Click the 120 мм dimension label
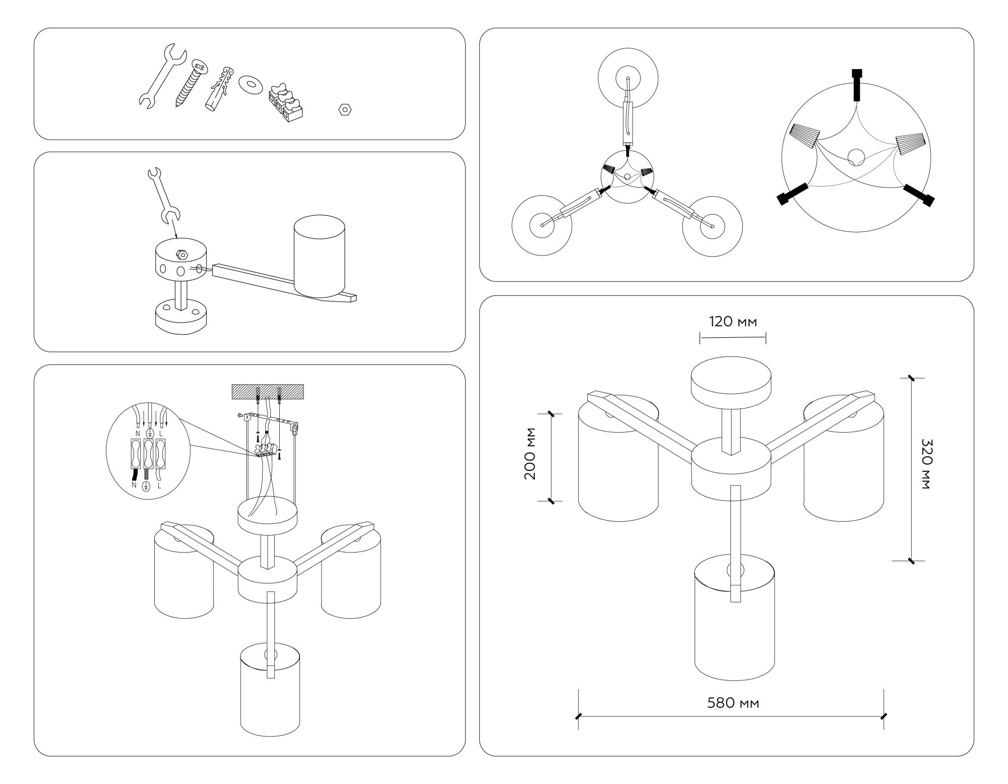pos(733,322)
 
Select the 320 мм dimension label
pos(927,464)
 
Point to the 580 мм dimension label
pos(733,703)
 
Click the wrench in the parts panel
pos(161,76)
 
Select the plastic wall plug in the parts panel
pos(220,88)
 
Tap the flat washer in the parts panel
pos(250,84)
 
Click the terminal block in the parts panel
pos(285,103)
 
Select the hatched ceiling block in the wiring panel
pos(267,392)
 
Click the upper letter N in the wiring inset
pos(138,433)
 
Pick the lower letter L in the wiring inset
pos(159,486)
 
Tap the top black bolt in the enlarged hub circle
pos(856,84)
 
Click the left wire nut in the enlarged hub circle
pos(804,135)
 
